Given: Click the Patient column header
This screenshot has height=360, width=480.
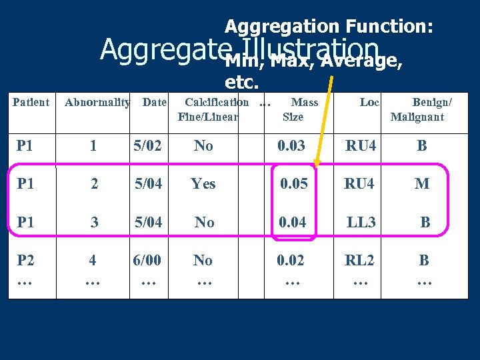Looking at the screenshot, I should (31, 103).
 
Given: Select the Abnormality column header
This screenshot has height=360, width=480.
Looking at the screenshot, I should (97, 103).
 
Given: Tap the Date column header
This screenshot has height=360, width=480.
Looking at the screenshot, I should (155, 103).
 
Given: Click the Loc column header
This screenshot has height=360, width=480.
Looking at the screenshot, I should (369, 103).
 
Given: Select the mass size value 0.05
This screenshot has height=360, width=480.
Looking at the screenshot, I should (293, 183).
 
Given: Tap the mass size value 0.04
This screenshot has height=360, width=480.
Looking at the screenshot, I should (293, 222).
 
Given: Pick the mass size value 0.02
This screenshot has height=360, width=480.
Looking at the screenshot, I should (291, 261).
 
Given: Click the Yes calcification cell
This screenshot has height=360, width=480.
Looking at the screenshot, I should (203, 183).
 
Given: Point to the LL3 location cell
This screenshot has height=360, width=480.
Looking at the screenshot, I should (361, 222).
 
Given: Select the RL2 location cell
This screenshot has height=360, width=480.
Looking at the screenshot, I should (359, 261).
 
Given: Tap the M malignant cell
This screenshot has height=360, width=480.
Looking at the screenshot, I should (422, 183).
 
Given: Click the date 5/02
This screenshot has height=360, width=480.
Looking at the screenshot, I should (147, 145).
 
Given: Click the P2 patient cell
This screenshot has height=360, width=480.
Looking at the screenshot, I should (25, 261).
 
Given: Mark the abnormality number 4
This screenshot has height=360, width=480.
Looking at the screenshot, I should (93, 261).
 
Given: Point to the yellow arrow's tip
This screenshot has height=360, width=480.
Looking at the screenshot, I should (317, 164).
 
